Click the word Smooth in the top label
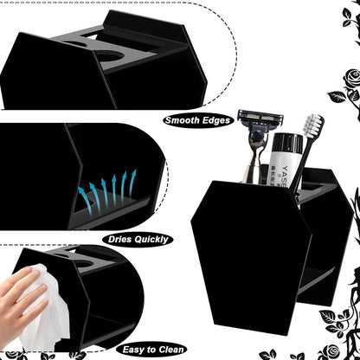point(184,121)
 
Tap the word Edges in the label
point(217,121)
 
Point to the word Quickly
point(151,238)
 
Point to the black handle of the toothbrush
point(305,173)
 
